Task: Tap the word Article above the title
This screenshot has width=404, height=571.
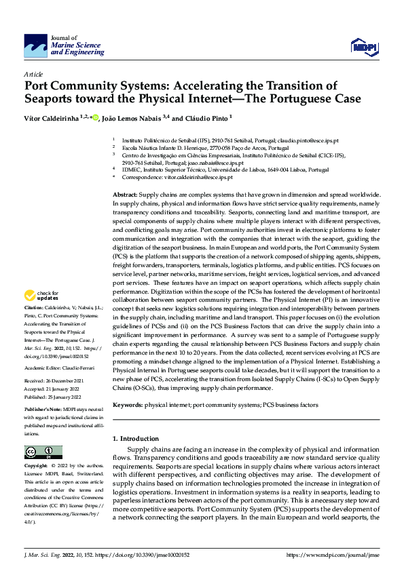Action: coord(33,73)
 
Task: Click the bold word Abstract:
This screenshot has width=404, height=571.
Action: coord(125,195)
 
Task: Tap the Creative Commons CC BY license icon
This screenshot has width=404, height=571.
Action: coord(43,452)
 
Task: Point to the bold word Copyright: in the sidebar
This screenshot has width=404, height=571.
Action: coord(35,467)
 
